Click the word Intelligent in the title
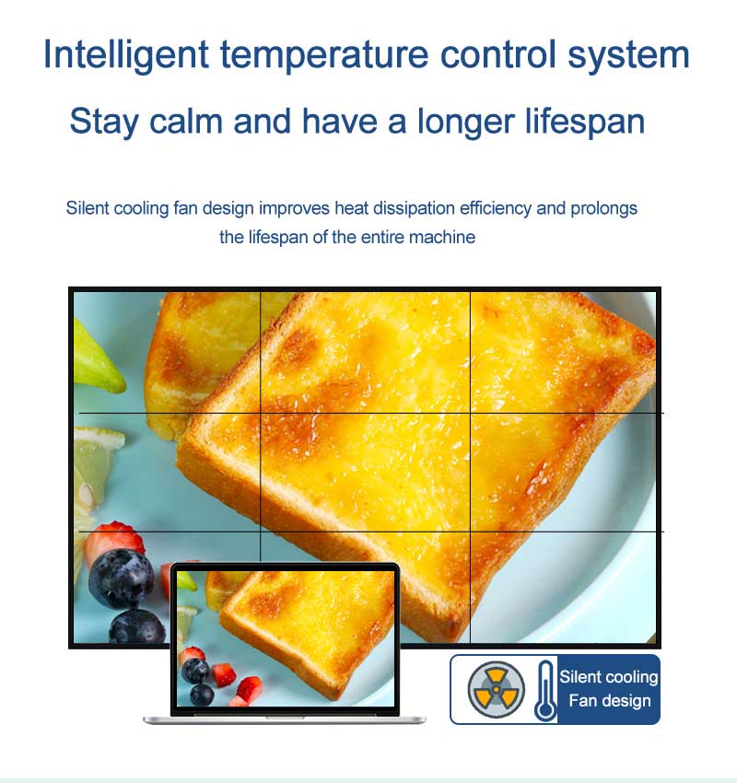tap(126, 55)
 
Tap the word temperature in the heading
tap(324, 56)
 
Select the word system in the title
tap(628, 56)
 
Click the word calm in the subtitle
tap(186, 121)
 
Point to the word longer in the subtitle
tap(466, 122)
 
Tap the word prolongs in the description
tap(603, 208)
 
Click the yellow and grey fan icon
tap(496, 689)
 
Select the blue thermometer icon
tap(545, 691)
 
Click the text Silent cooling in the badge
tap(609, 677)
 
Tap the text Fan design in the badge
tap(610, 701)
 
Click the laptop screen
tap(285, 638)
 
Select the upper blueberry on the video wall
tap(122, 578)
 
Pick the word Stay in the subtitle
tap(104, 122)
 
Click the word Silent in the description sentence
tap(88, 208)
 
